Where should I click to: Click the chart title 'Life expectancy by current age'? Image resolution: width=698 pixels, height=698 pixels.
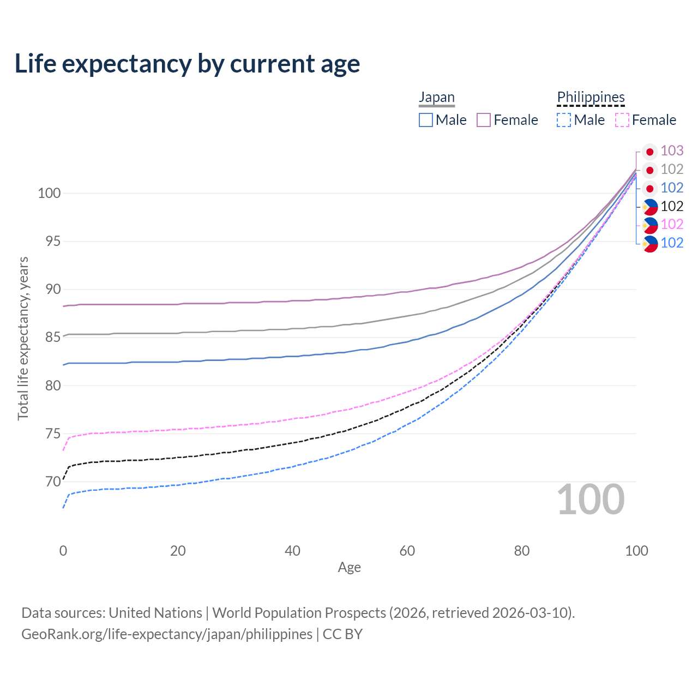[187, 64]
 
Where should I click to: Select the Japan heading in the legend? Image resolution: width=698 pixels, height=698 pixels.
[436, 97]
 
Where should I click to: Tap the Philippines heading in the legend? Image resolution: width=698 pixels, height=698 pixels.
[591, 97]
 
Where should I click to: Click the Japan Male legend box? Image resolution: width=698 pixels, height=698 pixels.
[426, 120]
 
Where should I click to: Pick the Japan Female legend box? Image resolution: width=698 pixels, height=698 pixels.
[484, 120]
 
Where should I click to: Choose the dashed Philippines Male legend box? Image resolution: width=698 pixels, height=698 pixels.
[564, 120]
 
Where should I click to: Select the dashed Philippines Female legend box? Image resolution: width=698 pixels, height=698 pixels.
[622, 120]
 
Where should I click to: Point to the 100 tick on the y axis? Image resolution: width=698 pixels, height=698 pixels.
[49, 193]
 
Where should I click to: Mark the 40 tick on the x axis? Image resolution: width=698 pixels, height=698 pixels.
[292, 551]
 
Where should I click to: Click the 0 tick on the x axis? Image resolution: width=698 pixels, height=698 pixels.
[63, 551]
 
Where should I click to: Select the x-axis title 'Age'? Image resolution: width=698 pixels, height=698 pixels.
[349, 567]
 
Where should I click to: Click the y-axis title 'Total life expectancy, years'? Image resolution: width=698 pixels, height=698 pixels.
[23, 338]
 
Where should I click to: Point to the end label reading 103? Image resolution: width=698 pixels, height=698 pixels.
[672, 151]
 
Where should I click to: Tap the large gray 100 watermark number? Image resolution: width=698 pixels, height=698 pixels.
[591, 500]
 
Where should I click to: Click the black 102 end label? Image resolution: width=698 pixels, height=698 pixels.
[672, 206]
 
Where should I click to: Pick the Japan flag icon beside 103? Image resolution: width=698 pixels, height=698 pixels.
[649, 152]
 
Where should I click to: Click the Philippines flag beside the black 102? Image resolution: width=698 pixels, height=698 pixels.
[649, 207]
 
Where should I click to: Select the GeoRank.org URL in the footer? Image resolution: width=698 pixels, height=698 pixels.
[167, 634]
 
